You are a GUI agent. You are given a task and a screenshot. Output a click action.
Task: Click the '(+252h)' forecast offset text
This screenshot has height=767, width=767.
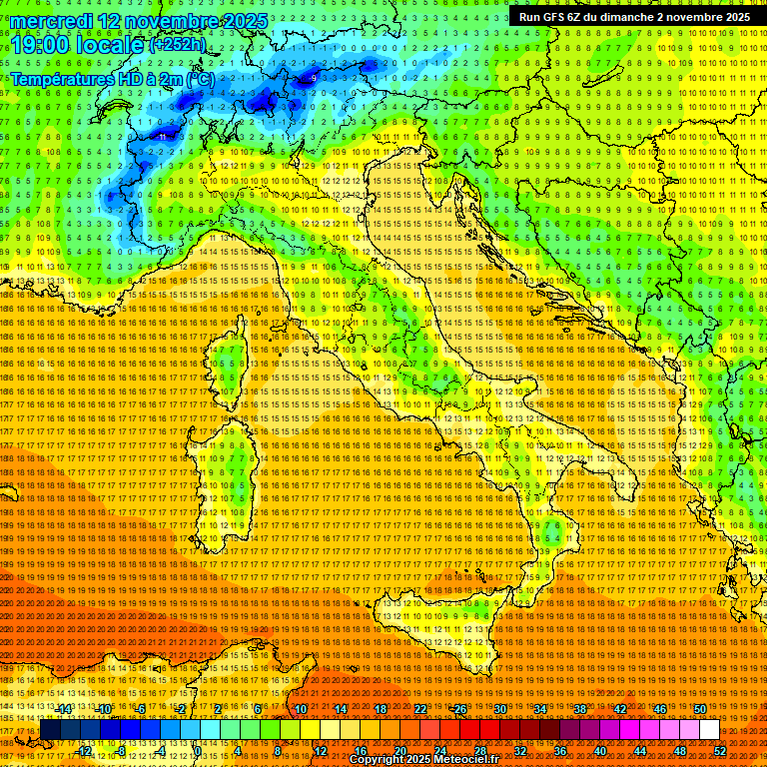179,45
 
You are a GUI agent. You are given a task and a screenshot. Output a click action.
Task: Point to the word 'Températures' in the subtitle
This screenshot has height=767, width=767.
62,78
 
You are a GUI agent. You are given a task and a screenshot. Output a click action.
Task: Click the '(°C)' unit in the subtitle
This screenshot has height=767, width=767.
198,78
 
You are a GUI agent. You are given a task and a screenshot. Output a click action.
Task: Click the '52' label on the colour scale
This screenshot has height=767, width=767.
721,751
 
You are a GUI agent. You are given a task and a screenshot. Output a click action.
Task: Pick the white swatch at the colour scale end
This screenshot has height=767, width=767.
709,730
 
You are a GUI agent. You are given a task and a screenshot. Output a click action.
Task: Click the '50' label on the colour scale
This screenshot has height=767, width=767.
700,709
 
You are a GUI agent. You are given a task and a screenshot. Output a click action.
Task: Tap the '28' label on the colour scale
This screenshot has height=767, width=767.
479,751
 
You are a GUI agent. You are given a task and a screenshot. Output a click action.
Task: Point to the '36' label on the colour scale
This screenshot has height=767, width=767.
559,751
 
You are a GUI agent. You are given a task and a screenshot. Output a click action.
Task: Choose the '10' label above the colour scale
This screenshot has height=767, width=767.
300,709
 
